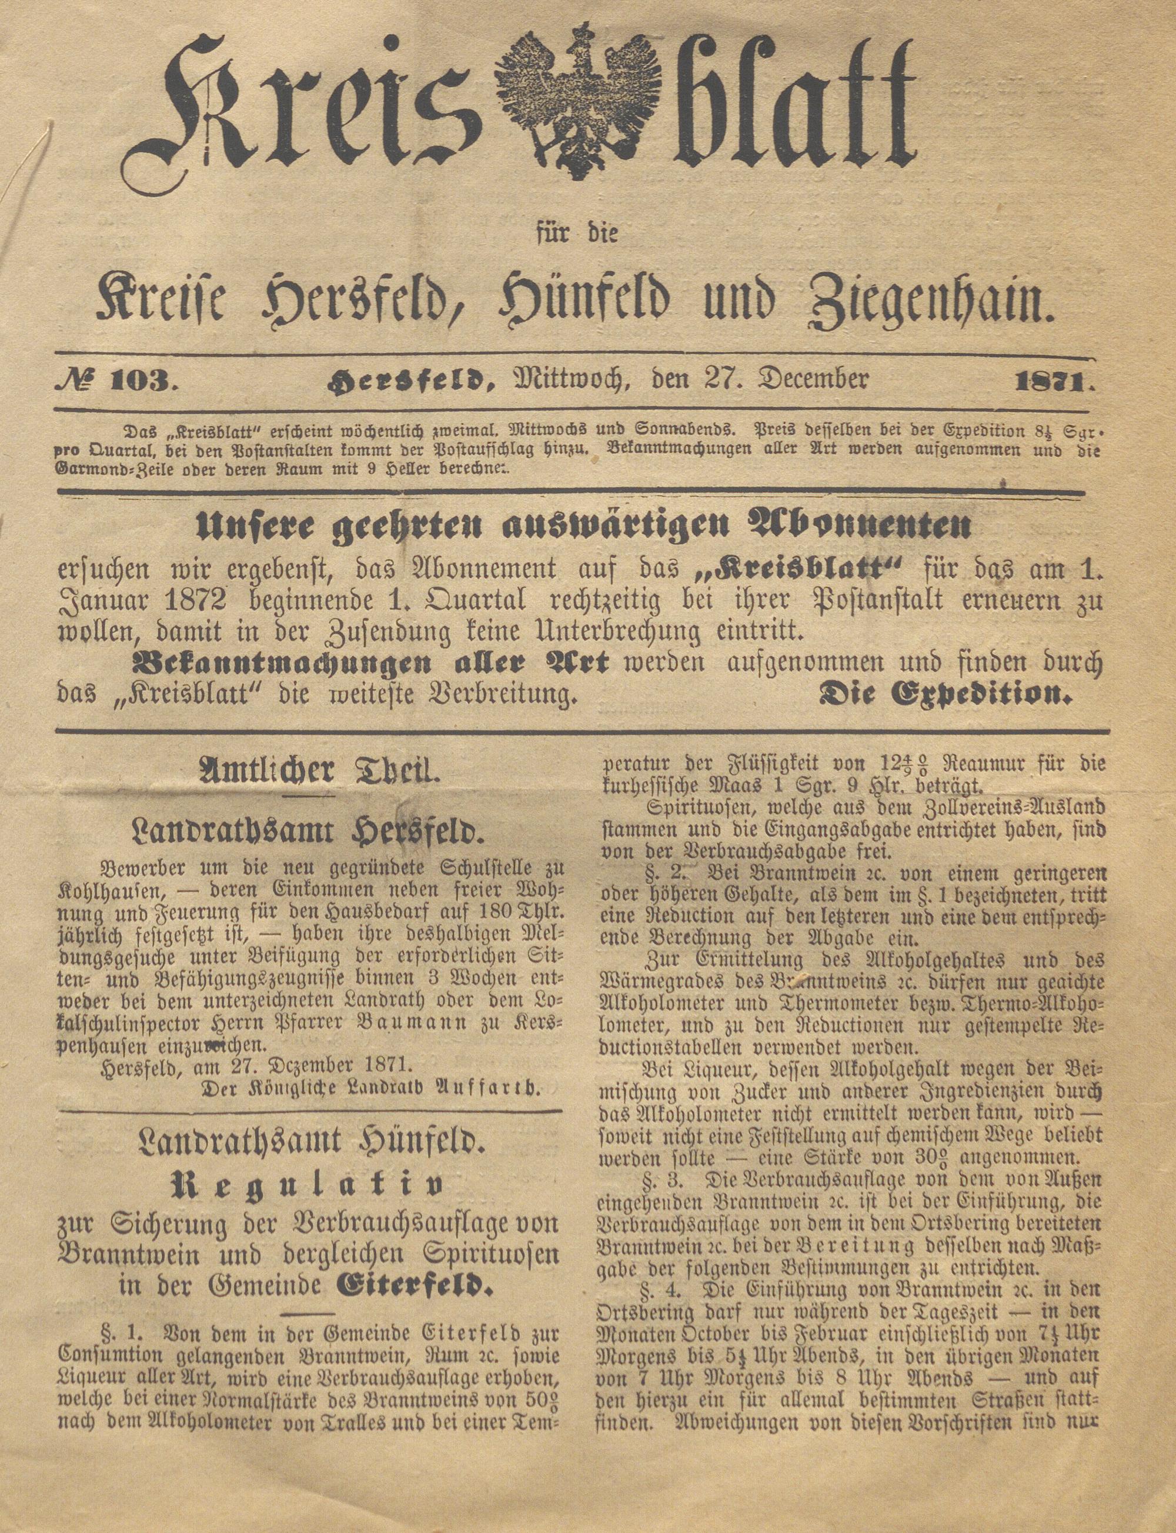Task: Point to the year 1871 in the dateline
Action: pyautogui.click(x=1054, y=382)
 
